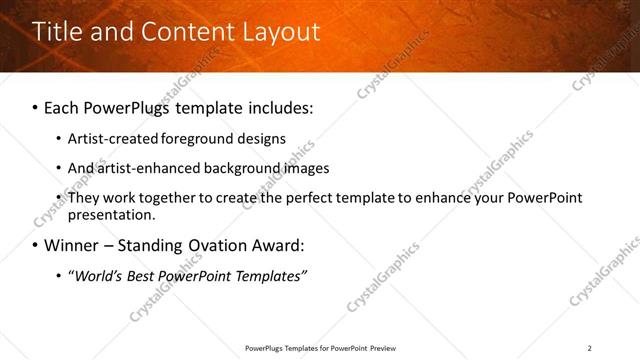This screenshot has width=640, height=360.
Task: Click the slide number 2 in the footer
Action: click(x=589, y=348)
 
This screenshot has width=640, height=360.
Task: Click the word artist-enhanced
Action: click(x=146, y=168)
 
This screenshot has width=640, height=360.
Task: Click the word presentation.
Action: click(x=111, y=214)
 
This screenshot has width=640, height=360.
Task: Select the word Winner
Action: click(x=71, y=245)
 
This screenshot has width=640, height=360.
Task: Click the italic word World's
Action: click(x=95, y=276)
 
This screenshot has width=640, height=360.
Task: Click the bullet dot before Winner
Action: click(x=36, y=245)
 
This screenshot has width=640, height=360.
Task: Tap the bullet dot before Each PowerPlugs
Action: click(x=36, y=106)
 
